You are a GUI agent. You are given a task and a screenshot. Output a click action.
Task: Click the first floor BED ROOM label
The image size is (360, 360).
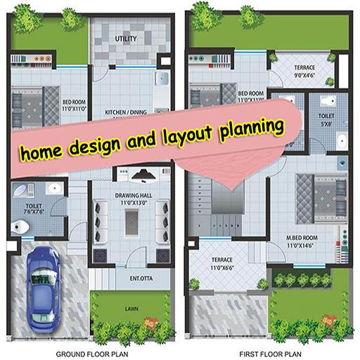pos(250,93)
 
